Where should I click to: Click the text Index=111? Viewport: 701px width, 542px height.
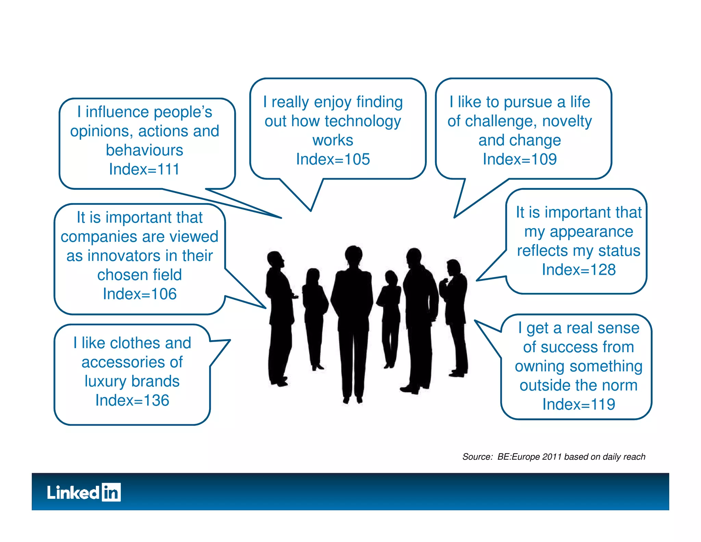pos(144,169)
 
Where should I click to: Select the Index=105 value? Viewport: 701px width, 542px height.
pos(333,159)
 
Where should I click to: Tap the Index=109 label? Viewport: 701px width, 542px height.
pos(520,159)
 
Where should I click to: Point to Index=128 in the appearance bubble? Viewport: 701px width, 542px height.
pos(578,270)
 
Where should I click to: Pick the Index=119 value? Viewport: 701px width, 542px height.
pos(578,404)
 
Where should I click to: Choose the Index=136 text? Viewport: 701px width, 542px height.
pos(132,400)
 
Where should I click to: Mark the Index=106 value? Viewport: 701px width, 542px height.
pos(140,294)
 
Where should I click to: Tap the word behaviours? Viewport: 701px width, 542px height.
pos(144,150)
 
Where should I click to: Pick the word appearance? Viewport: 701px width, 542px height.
pos(591,232)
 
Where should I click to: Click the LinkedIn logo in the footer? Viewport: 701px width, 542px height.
pos(84,492)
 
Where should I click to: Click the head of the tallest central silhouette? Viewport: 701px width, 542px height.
pos(353,255)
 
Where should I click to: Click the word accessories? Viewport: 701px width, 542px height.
pos(132,362)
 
